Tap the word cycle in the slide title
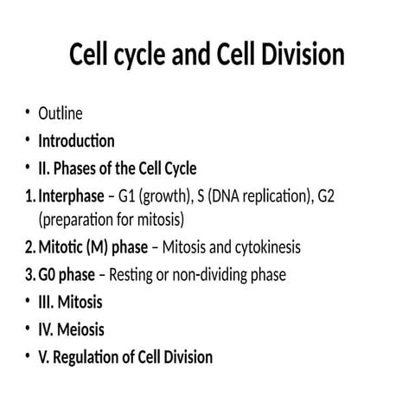[137, 55]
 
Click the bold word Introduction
[76, 140]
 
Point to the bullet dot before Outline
[28, 113]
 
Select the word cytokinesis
[264, 247]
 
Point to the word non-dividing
[213, 275]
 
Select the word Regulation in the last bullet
[96, 356]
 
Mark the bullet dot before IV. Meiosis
[28, 329]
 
